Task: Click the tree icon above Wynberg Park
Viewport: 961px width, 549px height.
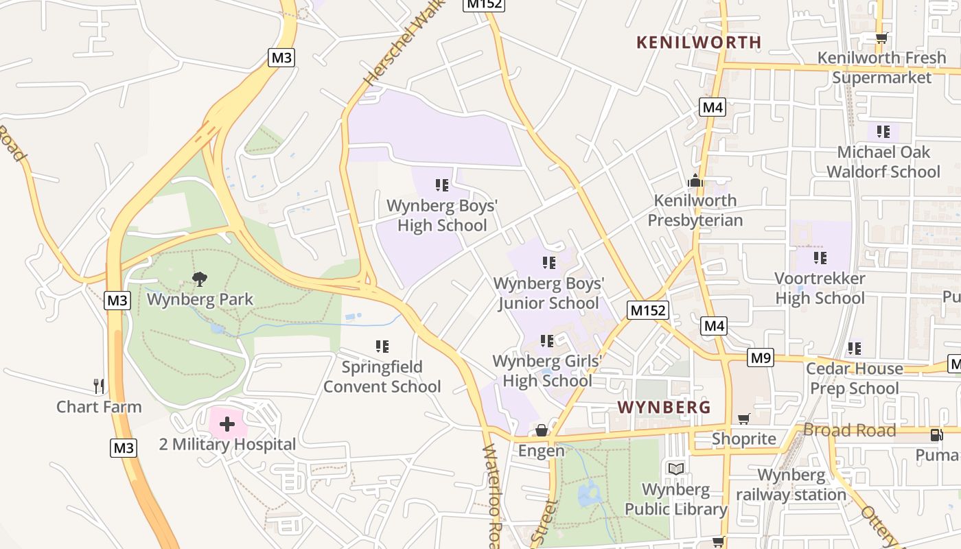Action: pyautogui.click(x=200, y=279)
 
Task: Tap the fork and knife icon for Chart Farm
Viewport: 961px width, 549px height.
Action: pyautogui.click(x=99, y=386)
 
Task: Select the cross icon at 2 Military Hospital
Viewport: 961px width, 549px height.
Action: pyautogui.click(x=227, y=424)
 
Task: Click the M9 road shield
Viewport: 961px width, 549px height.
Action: pyautogui.click(x=761, y=358)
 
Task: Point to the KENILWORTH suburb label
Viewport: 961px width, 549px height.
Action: pyautogui.click(x=699, y=42)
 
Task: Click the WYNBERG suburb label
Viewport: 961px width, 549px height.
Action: pyautogui.click(x=664, y=407)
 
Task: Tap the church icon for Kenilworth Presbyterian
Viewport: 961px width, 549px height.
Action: pyautogui.click(x=695, y=180)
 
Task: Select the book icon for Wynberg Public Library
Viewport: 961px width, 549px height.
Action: pyautogui.click(x=676, y=469)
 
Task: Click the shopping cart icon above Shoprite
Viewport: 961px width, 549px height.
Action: pyautogui.click(x=743, y=419)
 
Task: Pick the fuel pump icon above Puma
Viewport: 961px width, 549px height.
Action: pyautogui.click(x=936, y=434)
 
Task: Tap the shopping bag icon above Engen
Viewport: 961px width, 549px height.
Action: pyautogui.click(x=542, y=430)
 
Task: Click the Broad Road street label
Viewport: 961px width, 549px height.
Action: pyautogui.click(x=849, y=430)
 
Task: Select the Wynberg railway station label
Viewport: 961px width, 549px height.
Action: pyautogui.click(x=791, y=484)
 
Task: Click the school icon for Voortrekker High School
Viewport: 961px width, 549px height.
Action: pyautogui.click(x=820, y=258)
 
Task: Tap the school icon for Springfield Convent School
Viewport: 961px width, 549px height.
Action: pyautogui.click(x=382, y=347)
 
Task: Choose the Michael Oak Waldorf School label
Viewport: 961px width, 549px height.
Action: pyautogui.click(x=883, y=161)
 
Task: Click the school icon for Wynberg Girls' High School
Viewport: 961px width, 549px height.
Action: pyautogui.click(x=547, y=340)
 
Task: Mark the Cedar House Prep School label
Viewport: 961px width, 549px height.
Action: pyautogui.click(x=854, y=378)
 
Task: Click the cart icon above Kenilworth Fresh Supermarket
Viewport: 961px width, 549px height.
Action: pyautogui.click(x=881, y=38)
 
